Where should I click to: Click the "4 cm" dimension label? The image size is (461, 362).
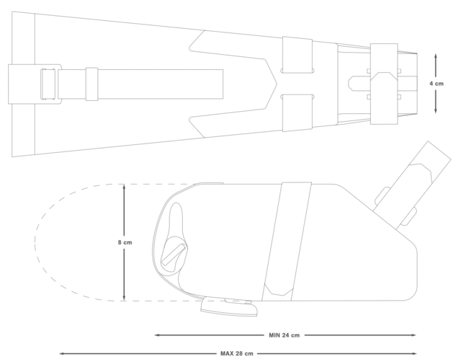pyautogui.click(x=436, y=84)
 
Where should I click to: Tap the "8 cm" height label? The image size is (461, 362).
pyautogui.click(x=125, y=242)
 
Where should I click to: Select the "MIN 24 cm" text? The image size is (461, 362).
pyautogui.click(x=284, y=335)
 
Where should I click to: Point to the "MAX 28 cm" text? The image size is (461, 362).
pyautogui.click(x=237, y=353)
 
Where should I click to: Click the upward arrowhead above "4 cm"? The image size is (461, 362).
pyautogui.click(x=436, y=56)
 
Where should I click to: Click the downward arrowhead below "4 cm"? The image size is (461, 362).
pyautogui.click(x=436, y=110)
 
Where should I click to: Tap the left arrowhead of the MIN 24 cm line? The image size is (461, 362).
pyautogui.click(x=157, y=335)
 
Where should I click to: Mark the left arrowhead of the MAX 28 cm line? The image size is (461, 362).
pyautogui.click(x=62, y=353)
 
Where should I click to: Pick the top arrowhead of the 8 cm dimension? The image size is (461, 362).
pyautogui.click(x=124, y=187)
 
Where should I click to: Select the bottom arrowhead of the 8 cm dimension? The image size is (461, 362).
pyautogui.click(x=124, y=298)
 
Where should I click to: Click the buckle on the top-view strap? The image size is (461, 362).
pyautogui.click(x=48, y=84)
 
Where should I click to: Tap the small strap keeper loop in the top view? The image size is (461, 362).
pyautogui.click(x=91, y=84)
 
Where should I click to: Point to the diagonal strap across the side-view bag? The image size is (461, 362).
pyautogui.click(x=287, y=242)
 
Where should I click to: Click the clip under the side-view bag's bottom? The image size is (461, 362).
pyautogui.click(x=229, y=306)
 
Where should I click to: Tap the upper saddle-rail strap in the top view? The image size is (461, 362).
pyautogui.click(x=297, y=55)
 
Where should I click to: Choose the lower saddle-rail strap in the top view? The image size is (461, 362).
pyautogui.click(x=297, y=113)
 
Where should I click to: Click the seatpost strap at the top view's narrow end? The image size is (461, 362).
pyautogui.click(x=384, y=84)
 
